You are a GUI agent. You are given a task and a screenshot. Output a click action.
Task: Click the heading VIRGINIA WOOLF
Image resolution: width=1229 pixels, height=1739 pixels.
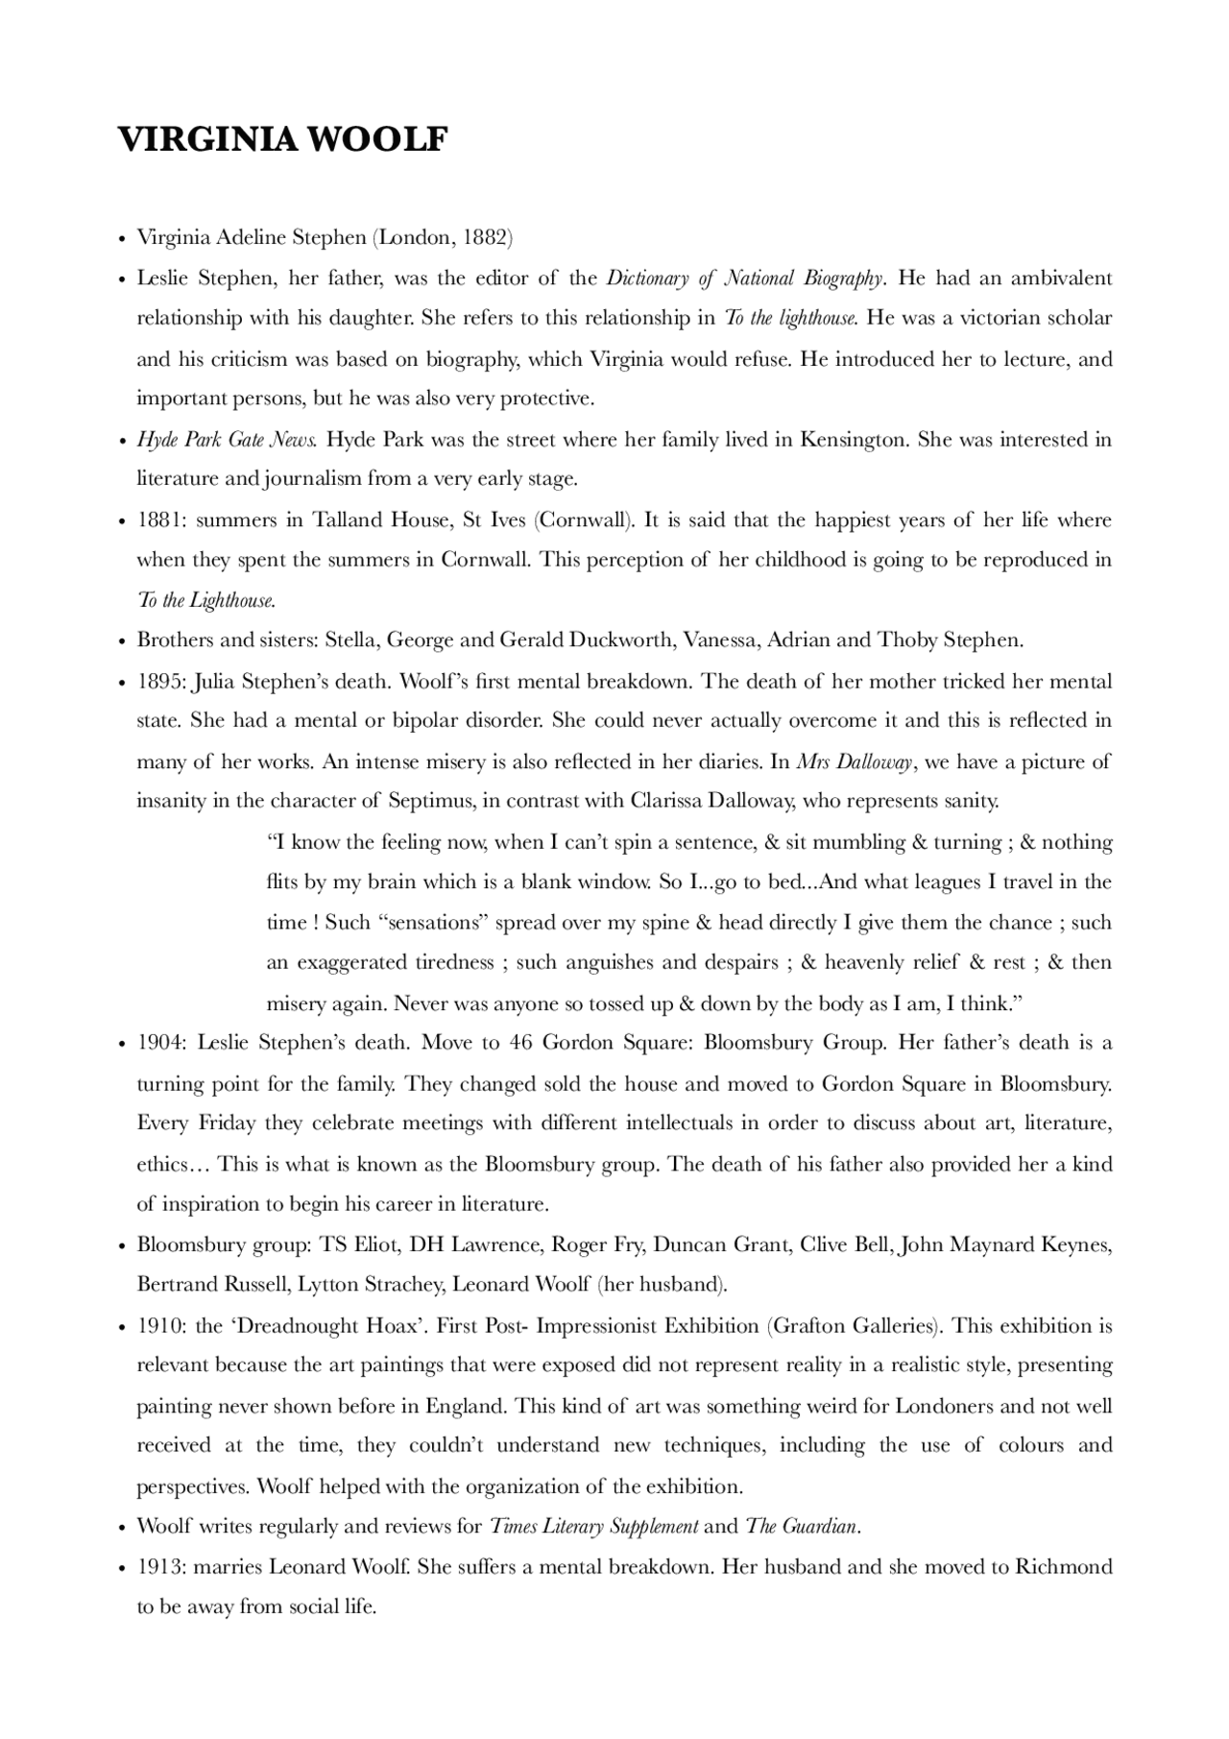coord(283,140)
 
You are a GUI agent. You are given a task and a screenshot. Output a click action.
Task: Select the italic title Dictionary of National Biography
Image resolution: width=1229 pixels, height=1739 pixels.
coord(744,278)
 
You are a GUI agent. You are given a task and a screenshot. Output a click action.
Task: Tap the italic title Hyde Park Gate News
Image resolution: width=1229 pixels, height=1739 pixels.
coord(227,440)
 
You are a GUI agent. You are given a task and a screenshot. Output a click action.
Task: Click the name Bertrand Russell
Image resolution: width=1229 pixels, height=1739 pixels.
coord(213,1285)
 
